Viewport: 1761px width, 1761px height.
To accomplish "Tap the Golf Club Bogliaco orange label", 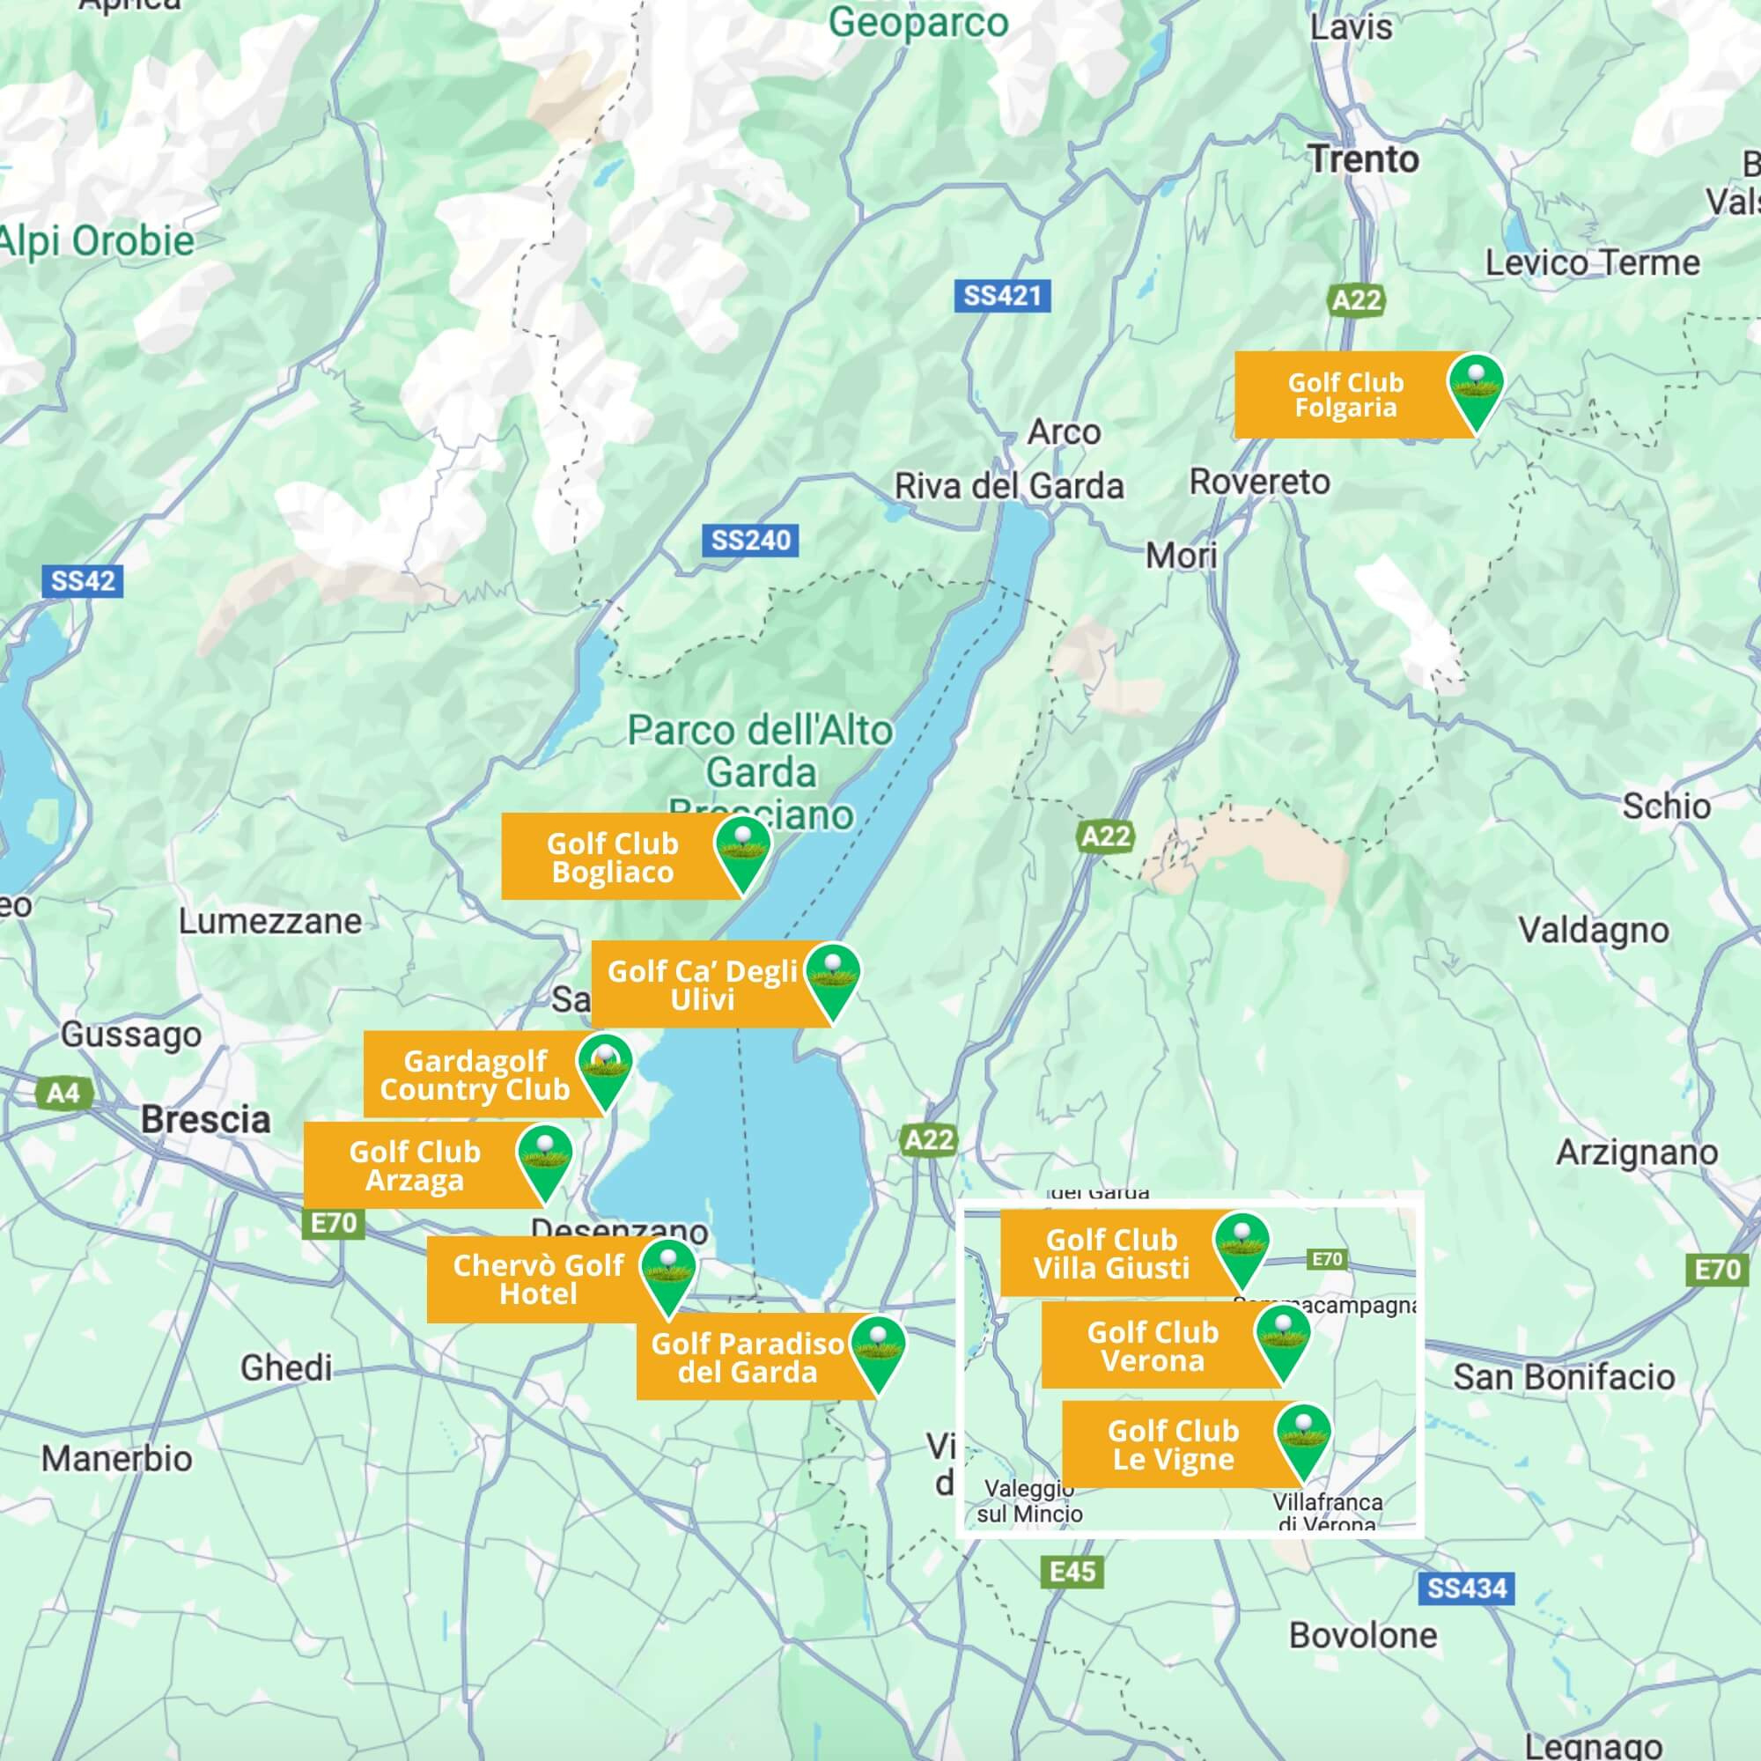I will (x=613, y=857).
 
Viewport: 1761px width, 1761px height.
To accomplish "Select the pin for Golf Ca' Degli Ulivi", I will (x=833, y=978).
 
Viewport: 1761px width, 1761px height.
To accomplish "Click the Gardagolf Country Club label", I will (x=474, y=1074).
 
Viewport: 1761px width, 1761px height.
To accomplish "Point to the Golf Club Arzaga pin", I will (x=544, y=1159).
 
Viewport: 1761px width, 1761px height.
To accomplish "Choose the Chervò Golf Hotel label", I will (x=538, y=1278).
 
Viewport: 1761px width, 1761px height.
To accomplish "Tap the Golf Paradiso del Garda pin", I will (x=878, y=1350).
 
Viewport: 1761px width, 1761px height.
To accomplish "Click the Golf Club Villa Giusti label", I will (x=1111, y=1253).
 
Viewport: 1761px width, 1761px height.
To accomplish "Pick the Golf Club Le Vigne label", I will (x=1173, y=1445).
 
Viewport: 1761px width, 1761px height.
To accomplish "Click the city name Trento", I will (x=1365, y=159).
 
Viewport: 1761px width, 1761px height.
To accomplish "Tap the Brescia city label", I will (x=205, y=1119).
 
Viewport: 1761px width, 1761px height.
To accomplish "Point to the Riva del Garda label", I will (x=1008, y=486).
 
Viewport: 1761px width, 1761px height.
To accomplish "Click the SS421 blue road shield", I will (x=1002, y=295).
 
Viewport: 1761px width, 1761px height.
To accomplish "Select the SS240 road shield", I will (x=750, y=540).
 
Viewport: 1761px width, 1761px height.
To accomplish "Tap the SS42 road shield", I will (x=83, y=580).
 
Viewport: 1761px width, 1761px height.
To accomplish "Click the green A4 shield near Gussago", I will (x=63, y=1092).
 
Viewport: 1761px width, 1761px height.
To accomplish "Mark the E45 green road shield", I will (x=1072, y=1572).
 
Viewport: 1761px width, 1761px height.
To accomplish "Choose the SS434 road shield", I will (x=1467, y=1588).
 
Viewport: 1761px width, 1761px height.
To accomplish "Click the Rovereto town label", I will (x=1260, y=482).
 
